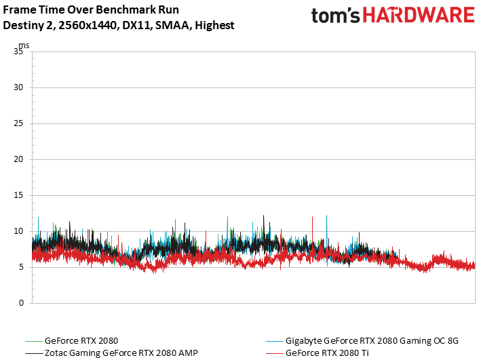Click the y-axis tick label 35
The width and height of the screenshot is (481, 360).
click(x=18, y=52)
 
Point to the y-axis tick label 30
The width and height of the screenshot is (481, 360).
click(x=18, y=87)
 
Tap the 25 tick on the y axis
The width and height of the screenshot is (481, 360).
click(x=18, y=123)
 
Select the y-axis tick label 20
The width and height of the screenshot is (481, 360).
click(x=18, y=159)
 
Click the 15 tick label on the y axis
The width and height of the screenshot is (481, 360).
click(x=18, y=195)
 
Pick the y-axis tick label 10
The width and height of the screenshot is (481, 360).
click(x=18, y=231)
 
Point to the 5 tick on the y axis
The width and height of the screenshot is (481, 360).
click(x=21, y=267)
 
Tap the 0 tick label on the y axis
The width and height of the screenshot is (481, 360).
click(x=21, y=303)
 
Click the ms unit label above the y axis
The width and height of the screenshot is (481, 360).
click(x=24, y=45)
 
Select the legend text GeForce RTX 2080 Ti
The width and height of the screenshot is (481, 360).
click(x=327, y=353)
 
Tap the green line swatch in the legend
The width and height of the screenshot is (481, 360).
click(x=34, y=341)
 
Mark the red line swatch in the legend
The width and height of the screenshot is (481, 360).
click(x=275, y=353)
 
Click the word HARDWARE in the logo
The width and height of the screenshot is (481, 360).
click(x=419, y=15)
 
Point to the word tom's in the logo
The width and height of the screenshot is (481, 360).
click(x=335, y=16)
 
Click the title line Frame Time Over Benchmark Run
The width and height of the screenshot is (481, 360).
click(x=91, y=9)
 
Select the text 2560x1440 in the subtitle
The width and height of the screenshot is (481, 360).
click(x=88, y=26)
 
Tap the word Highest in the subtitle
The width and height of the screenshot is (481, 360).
click(x=214, y=26)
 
